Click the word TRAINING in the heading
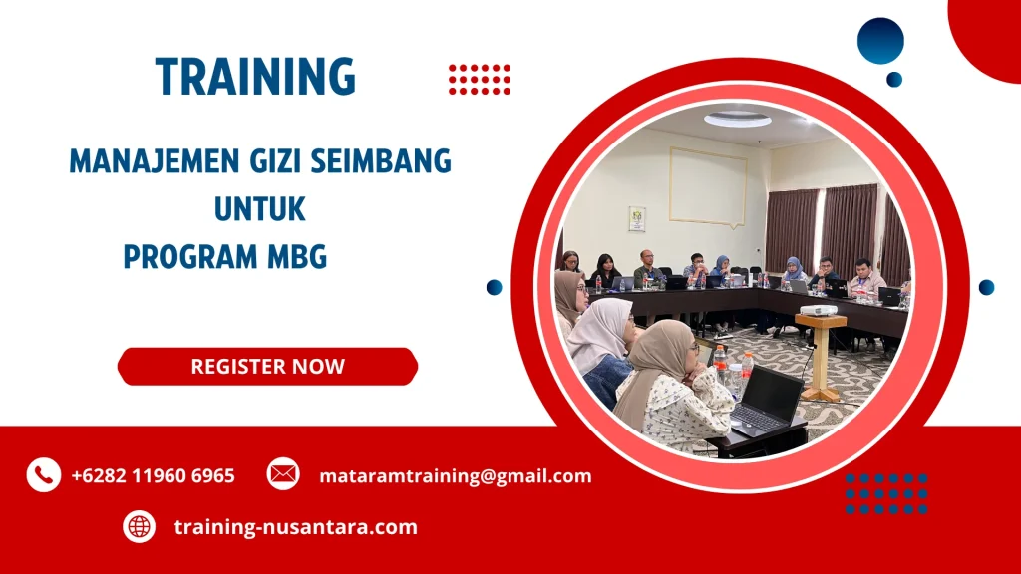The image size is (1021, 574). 255,77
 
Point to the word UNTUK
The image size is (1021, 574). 259,209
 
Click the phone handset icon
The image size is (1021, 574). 43,475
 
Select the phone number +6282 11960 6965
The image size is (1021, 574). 153,475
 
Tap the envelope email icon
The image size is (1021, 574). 283,474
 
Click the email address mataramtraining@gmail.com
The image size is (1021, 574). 455,475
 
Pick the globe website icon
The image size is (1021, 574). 140,526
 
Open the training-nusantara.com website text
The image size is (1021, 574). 295,526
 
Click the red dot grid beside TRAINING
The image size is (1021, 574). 480,79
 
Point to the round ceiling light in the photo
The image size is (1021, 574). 737,120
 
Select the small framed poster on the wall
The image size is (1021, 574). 636,218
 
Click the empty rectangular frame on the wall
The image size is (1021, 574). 707,186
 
